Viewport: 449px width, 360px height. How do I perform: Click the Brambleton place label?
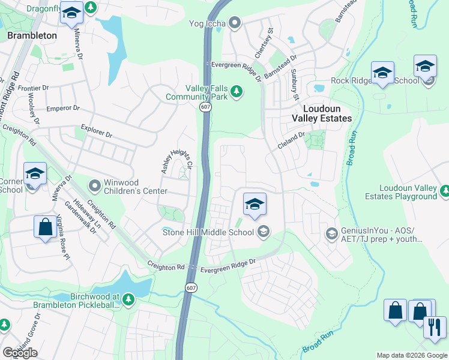pos(32,35)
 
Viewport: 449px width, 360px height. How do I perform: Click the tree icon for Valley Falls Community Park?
pos(237,92)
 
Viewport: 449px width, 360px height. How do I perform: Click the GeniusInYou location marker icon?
pos(331,233)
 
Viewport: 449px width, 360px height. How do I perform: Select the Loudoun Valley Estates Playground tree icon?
pos(445,191)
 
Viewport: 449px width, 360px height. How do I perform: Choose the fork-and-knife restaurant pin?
pos(435,327)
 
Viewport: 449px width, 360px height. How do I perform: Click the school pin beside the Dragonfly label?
pos(71,14)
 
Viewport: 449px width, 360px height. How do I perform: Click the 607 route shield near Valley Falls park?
pos(205,106)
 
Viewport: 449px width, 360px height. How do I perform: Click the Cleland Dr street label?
pos(292,142)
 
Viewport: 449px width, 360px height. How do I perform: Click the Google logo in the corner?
pos(19,353)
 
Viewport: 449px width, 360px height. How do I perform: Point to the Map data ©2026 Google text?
pos(411,355)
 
